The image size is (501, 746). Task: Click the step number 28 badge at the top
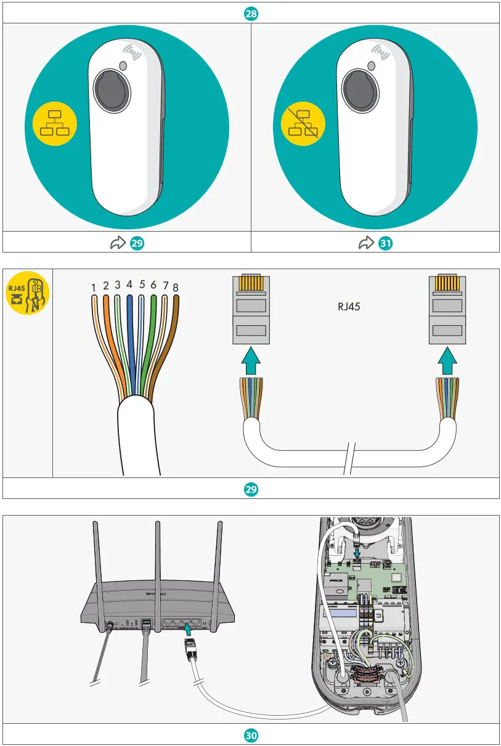pyautogui.click(x=251, y=12)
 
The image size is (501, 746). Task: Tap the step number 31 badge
pyautogui.click(x=386, y=243)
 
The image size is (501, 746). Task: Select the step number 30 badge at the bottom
pyautogui.click(x=251, y=735)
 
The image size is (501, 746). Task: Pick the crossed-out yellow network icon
pyautogui.click(x=303, y=123)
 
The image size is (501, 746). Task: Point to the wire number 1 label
pyautogui.click(x=93, y=287)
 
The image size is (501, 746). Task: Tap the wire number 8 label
pyautogui.click(x=176, y=287)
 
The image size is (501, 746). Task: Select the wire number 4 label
pyautogui.click(x=129, y=285)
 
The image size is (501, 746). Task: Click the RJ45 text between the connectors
pyautogui.click(x=349, y=306)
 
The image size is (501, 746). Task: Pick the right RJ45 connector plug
pyautogui.click(x=447, y=308)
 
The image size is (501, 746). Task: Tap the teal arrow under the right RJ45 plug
pyautogui.click(x=447, y=361)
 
